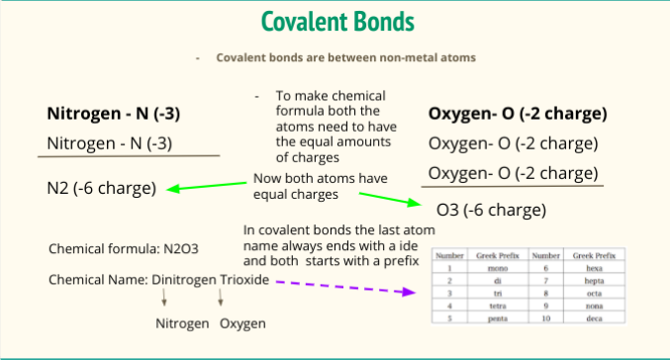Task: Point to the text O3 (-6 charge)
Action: point(491,211)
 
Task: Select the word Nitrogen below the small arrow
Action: point(183,323)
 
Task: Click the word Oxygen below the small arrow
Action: point(242,323)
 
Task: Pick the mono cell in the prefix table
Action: point(492,267)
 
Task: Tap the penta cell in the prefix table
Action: point(492,318)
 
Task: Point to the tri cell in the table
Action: point(492,293)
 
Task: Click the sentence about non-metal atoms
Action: point(345,57)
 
